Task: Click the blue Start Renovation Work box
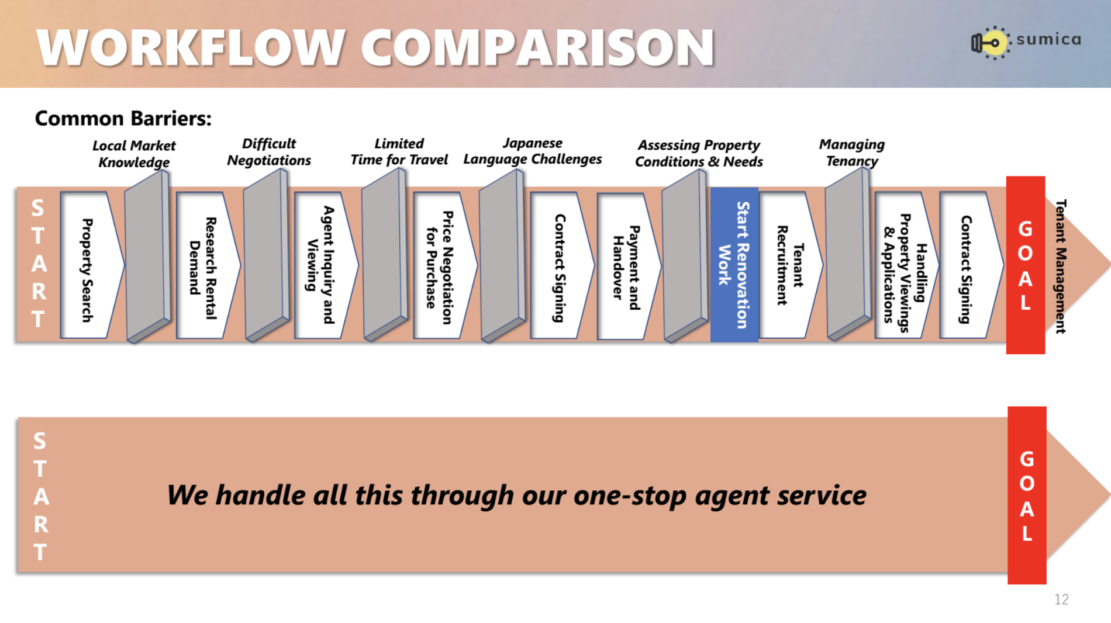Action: point(734,265)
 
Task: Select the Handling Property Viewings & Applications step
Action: point(906,265)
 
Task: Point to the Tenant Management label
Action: point(1061,266)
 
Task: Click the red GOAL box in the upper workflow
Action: point(1026,265)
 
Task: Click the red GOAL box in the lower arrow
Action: point(1027,495)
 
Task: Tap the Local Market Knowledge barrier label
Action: point(134,154)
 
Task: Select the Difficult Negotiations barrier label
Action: point(269,152)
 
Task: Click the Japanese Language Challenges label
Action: point(533,151)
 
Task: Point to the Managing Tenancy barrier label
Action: point(852,153)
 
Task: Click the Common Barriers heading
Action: point(123,119)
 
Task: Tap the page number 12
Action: point(1061,599)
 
